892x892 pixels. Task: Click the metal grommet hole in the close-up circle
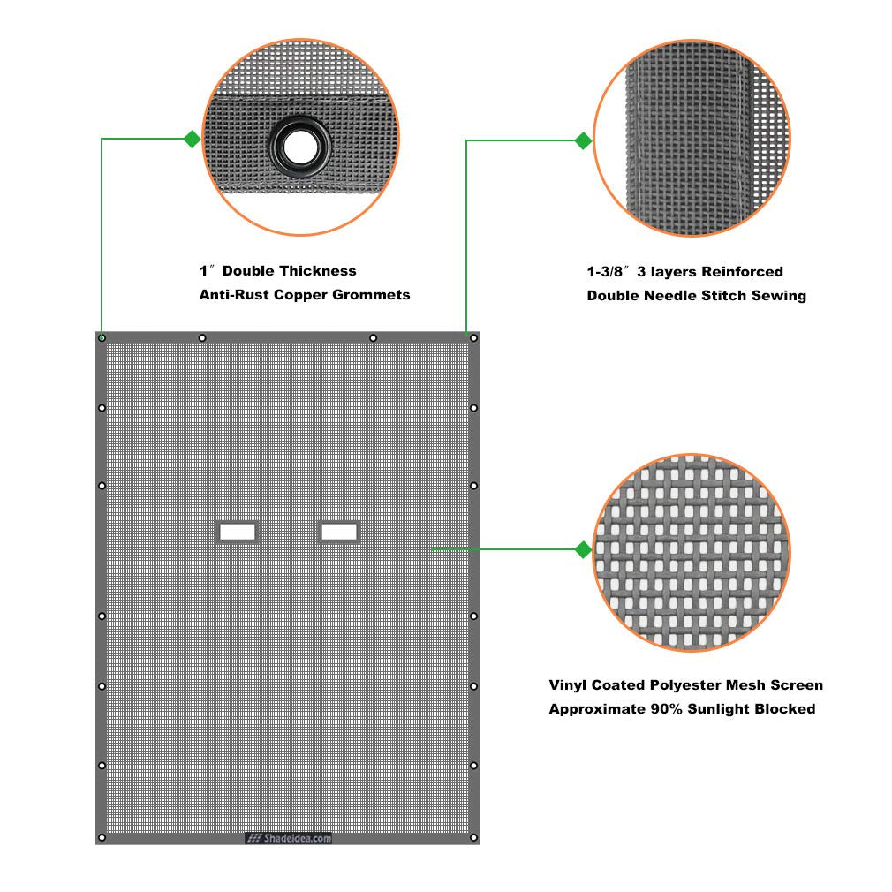pyautogui.click(x=299, y=147)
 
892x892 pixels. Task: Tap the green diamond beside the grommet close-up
pyautogui.click(x=193, y=139)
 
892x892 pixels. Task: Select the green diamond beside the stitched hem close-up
pyautogui.click(x=583, y=140)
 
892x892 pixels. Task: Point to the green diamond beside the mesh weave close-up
pyautogui.click(x=583, y=549)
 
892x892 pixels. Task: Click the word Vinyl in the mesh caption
pyautogui.click(x=567, y=685)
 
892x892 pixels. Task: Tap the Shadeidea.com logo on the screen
pyautogui.click(x=289, y=838)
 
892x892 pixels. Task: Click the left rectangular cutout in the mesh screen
pyautogui.click(x=238, y=532)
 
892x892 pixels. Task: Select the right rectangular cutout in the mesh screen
pyautogui.click(x=339, y=532)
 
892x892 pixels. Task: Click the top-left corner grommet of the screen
pyautogui.click(x=102, y=338)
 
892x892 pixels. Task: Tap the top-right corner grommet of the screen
pyautogui.click(x=473, y=338)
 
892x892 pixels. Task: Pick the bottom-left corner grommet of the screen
pyautogui.click(x=102, y=837)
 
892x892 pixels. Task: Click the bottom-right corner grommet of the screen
pyautogui.click(x=473, y=837)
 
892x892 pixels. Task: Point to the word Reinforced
pyautogui.click(x=743, y=271)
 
